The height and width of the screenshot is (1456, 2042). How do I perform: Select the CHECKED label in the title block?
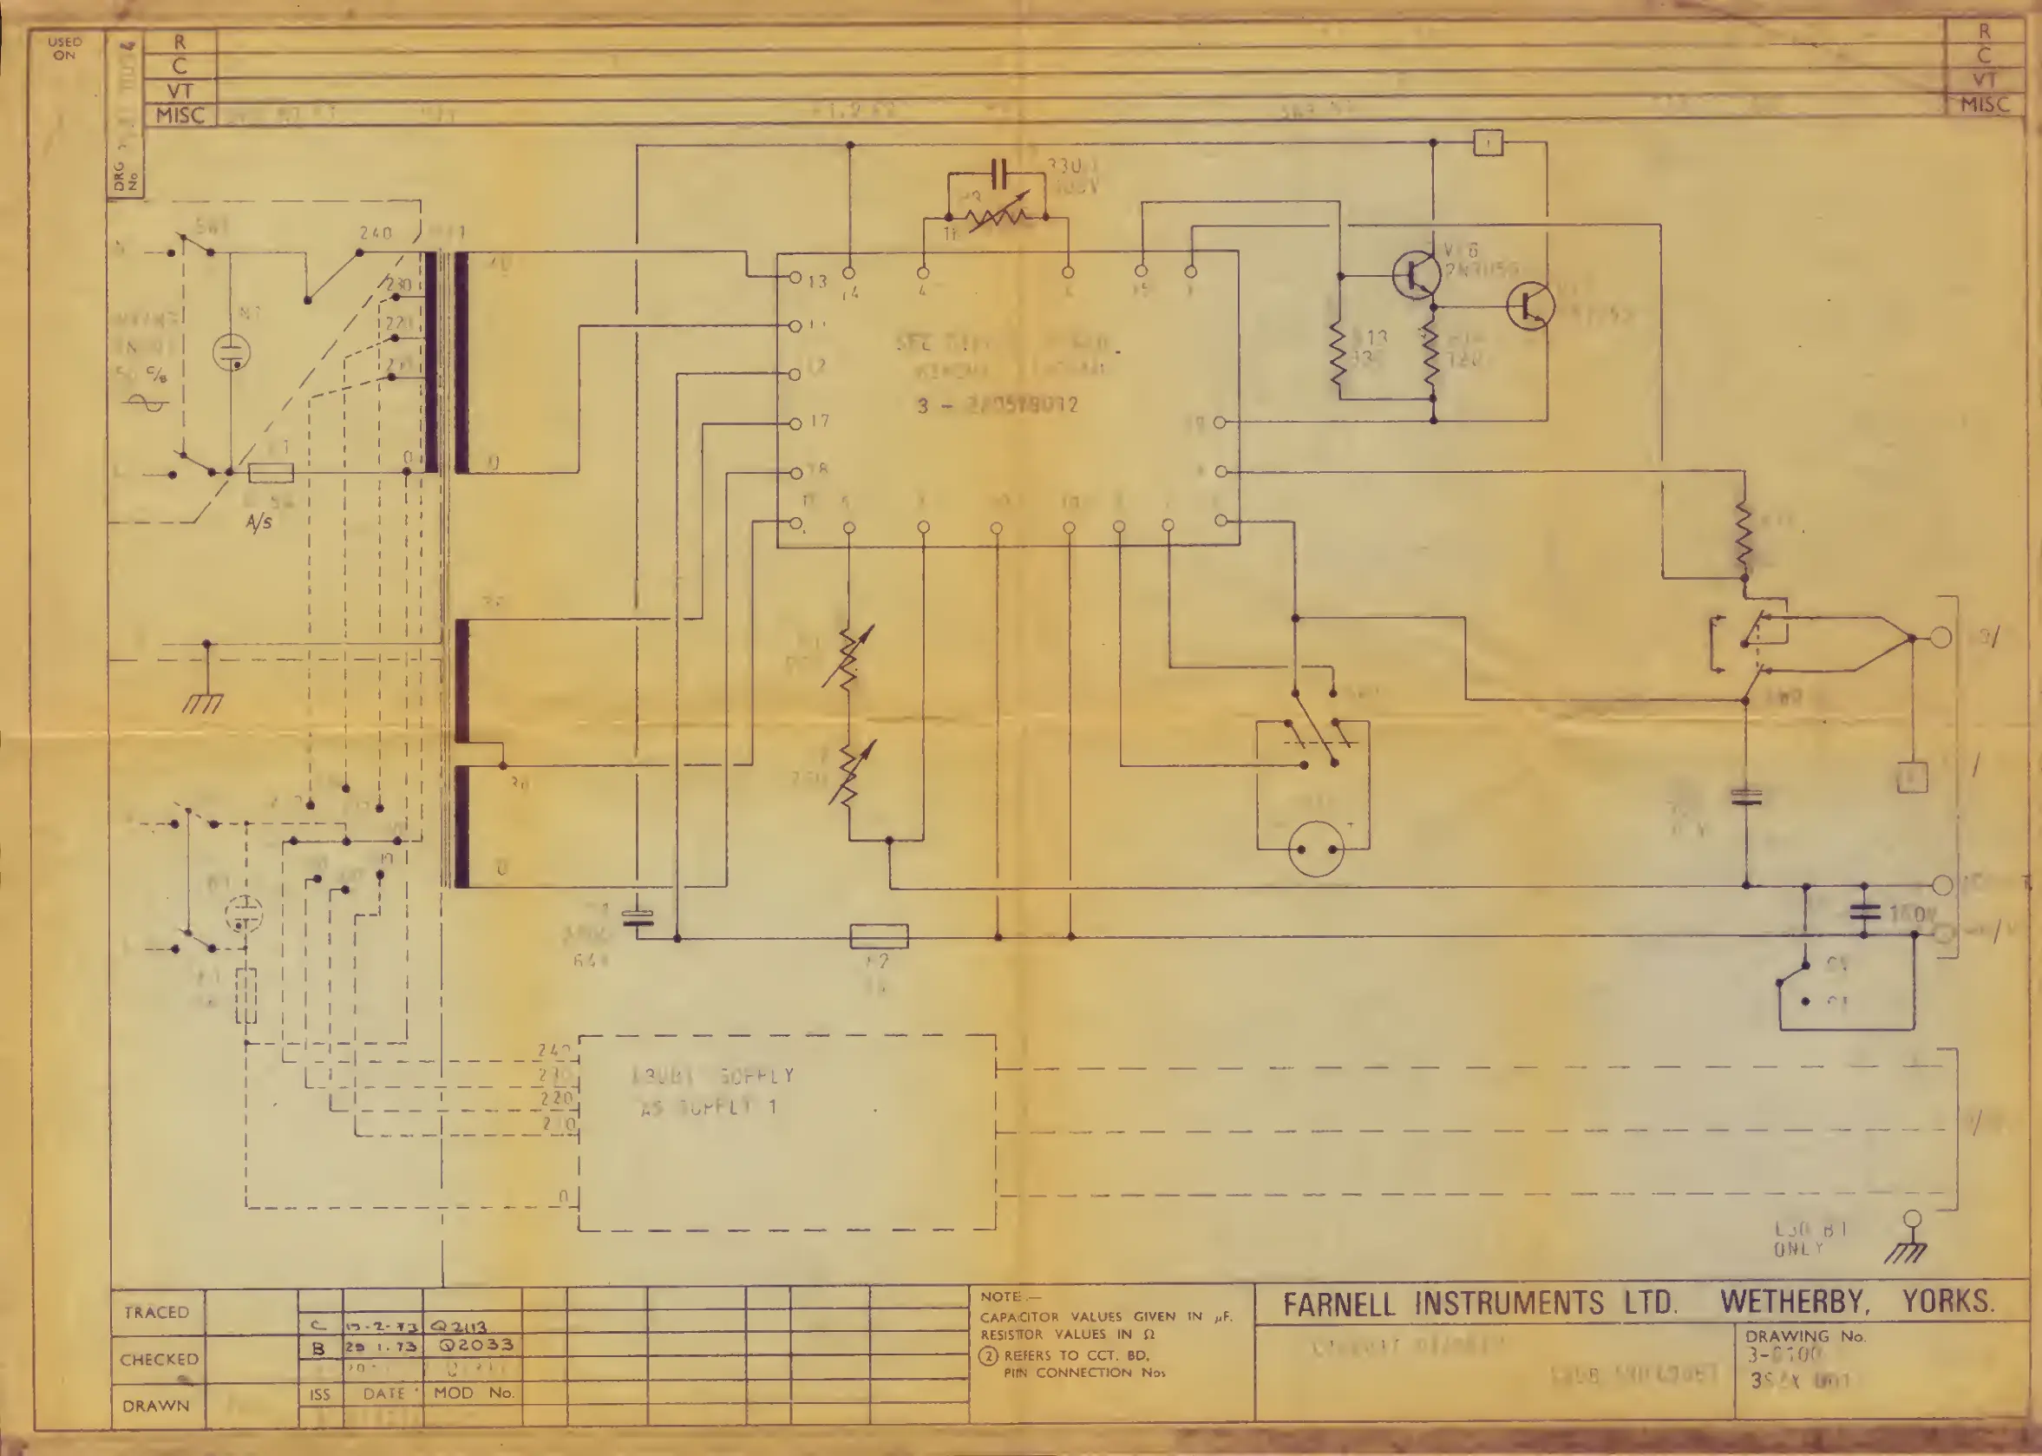tap(160, 1359)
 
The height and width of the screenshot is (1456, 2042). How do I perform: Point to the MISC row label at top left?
tap(180, 115)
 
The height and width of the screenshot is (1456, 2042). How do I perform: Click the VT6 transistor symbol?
tap(1416, 275)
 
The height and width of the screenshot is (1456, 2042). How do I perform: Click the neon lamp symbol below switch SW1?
tap(232, 351)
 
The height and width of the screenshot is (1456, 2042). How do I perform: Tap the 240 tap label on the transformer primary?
tap(375, 233)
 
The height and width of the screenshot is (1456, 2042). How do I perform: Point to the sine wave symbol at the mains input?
tap(145, 403)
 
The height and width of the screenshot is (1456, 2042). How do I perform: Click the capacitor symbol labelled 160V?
tap(1864, 913)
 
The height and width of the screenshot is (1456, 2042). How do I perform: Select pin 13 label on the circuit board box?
tap(816, 281)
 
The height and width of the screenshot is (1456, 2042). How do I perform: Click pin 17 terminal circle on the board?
tap(795, 424)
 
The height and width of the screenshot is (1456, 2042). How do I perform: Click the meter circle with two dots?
tap(1316, 848)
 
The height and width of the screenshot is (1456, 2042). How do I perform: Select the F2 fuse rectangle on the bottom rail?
tap(879, 936)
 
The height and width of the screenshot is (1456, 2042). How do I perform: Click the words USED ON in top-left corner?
tap(64, 49)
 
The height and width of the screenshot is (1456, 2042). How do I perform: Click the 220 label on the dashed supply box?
tap(556, 1098)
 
